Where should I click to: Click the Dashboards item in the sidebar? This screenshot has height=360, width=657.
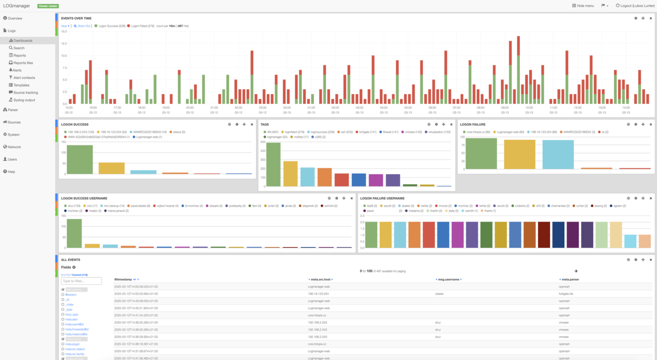point(23,41)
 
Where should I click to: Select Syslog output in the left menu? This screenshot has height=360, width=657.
point(24,100)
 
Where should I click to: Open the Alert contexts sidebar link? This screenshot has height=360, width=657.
point(24,78)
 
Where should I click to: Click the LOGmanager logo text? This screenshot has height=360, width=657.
point(17,6)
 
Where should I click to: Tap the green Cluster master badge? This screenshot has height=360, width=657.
point(48,6)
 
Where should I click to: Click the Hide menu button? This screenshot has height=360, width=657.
point(583,6)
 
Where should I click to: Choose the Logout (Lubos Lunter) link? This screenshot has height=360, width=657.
point(635,6)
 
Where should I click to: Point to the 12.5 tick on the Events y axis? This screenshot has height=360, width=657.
point(64,43)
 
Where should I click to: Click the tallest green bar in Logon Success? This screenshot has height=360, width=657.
point(80,159)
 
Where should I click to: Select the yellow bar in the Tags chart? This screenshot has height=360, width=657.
point(290,174)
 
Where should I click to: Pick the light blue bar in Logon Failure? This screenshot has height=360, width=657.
point(558,154)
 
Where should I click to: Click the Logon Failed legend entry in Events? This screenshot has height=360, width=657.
point(142,26)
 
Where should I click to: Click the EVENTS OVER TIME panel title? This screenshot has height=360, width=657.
point(76,18)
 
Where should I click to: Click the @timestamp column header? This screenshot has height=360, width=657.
point(123,280)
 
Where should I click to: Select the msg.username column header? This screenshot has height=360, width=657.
point(448,280)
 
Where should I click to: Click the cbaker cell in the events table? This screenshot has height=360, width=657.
point(439,294)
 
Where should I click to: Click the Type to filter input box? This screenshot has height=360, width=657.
point(81,281)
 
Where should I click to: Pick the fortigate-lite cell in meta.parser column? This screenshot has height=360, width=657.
point(565,294)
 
